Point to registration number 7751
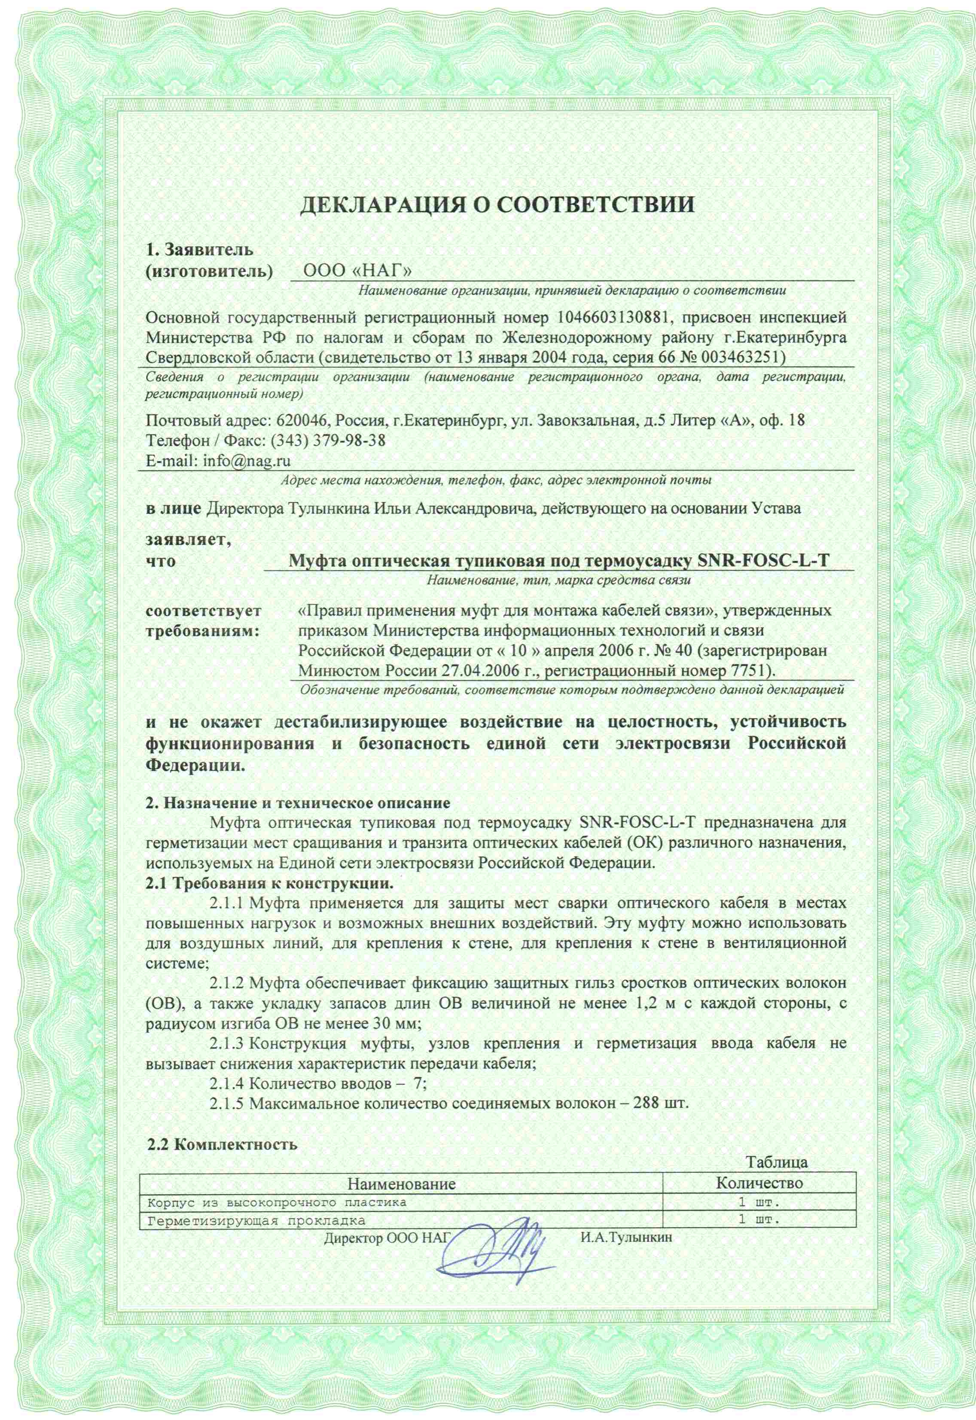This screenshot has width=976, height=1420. pos(749,670)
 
